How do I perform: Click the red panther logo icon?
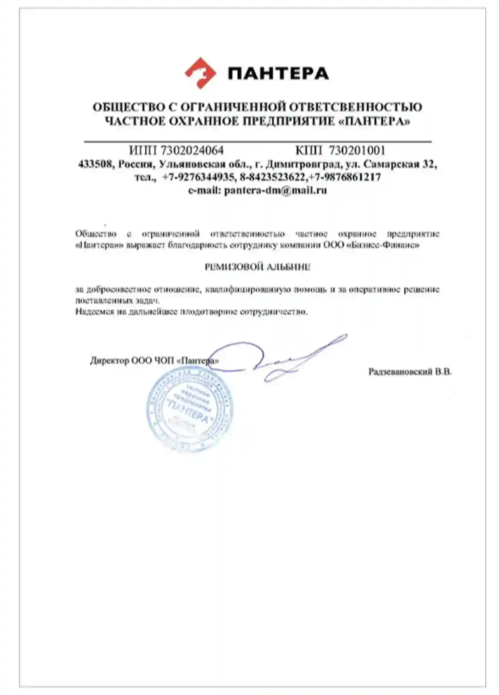(x=200, y=73)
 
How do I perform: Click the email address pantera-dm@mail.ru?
(x=275, y=190)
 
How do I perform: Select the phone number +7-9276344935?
(x=198, y=177)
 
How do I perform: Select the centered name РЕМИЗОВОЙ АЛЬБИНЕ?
(x=257, y=267)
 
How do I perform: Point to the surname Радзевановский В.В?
(x=410, y=372)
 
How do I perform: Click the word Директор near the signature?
(x=109, y=361)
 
